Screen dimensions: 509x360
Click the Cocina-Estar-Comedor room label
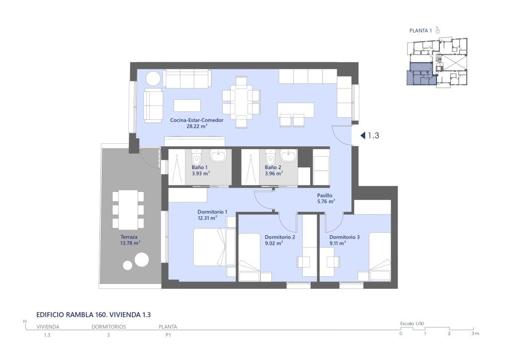click(197, 120)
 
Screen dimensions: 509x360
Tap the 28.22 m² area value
click(197, 126)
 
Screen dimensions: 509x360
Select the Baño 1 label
click(200, 167)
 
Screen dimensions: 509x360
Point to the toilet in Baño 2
click(270, 158)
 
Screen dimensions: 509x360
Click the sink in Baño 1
click(219, 156)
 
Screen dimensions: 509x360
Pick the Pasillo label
click(325, 195)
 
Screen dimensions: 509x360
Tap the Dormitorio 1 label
click(212, 212)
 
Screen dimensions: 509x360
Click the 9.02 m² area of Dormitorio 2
click(274, 243)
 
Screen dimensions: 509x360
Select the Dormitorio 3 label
click(344, 237)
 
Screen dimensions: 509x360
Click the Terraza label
click(129, 237)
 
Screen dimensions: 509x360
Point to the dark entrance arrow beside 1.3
click(362, 135)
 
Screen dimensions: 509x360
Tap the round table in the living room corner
click(153, 78)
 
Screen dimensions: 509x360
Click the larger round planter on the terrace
click(142, 260)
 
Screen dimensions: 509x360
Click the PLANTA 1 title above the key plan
click(421, 31)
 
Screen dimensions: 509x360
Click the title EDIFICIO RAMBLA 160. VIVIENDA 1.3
click(93, 315)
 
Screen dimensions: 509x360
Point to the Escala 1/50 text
click(412, 324)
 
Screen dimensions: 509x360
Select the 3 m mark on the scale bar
click(475, 333)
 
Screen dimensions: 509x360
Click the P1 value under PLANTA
click(168, 335)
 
